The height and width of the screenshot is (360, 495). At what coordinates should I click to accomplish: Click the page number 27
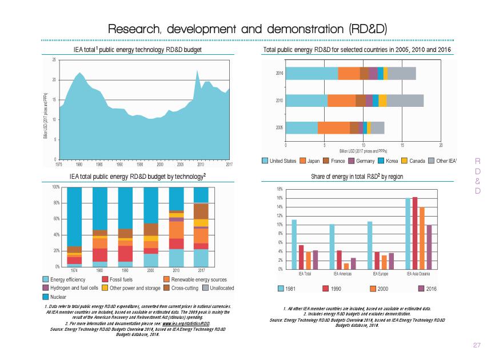(x=477, y=345)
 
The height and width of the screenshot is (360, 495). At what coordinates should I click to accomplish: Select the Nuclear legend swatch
(x=46, y=297)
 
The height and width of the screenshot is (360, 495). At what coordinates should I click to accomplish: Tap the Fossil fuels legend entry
(x=117, y=279)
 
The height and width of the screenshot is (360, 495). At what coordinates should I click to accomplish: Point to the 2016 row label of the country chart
(x=279, y=73)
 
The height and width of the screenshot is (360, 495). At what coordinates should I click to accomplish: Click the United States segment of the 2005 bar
(x=301, y=128)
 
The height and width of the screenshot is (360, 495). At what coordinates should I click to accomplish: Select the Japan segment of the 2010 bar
(x=341, y=101)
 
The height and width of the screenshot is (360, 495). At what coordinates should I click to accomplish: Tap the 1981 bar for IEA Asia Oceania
(x=408, y=234)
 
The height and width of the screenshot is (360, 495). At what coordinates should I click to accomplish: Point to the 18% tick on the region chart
(x=279, y=189)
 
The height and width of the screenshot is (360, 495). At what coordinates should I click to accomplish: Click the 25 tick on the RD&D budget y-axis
(x=54, y=60)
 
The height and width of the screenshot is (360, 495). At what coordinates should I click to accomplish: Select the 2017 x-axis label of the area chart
(x=229, y=164)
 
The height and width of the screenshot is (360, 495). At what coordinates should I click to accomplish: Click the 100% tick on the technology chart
(x=55, y=187)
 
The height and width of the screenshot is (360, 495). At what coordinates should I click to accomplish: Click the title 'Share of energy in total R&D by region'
(x=357, y=177)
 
